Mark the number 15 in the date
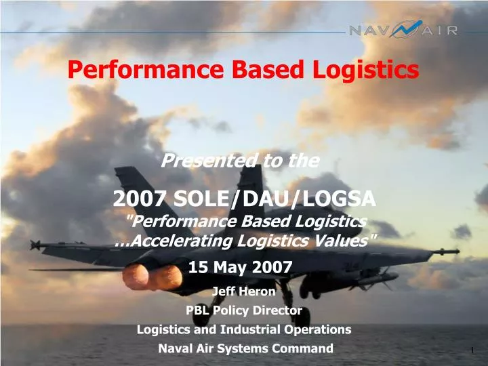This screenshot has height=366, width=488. (198, 267)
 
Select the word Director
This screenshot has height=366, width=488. (277, 310)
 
